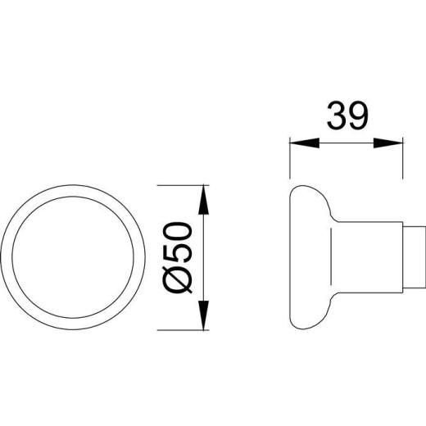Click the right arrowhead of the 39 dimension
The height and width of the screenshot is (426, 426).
coord(391,142)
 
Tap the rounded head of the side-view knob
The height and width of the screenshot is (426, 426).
coord(307,258)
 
